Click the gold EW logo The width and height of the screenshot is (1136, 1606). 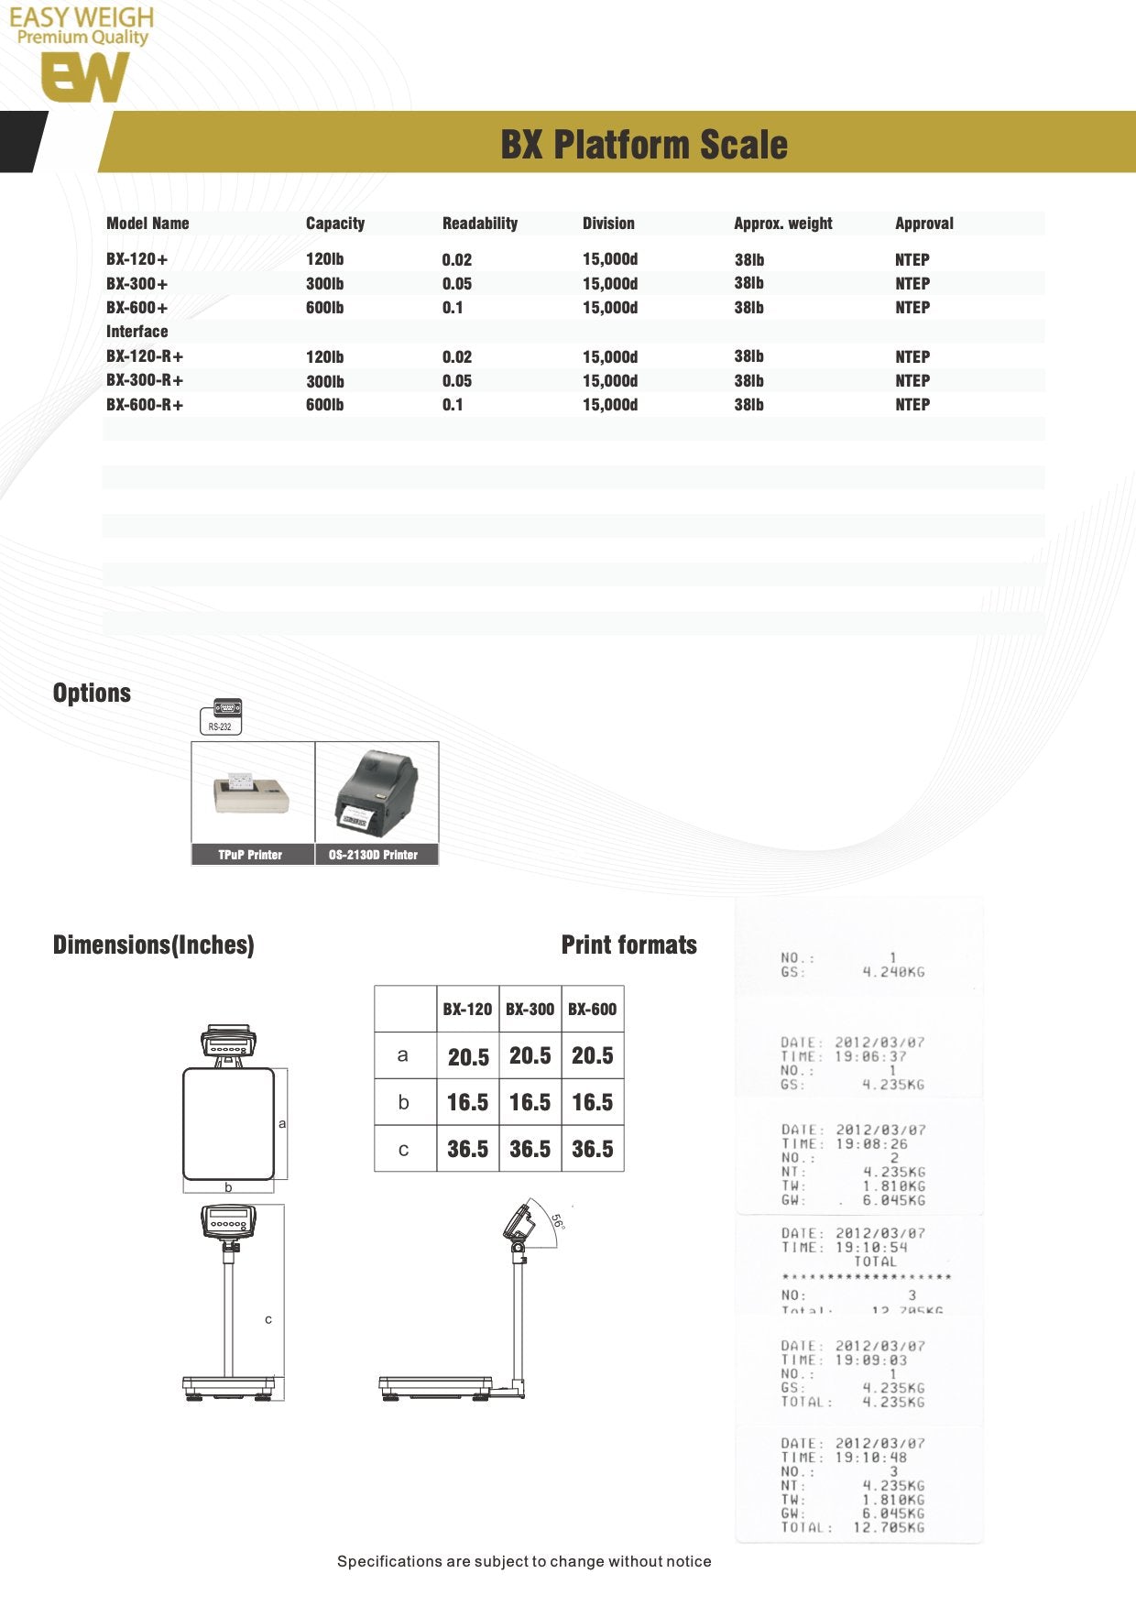pyautogui.click(x=84, y=77)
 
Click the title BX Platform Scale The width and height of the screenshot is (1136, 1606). pyautogui.click(x=643, y=145)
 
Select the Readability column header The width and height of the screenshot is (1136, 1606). pyautogui.click(x=479, y=224)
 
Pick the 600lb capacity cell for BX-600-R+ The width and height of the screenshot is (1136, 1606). pyautogui.click(x=324, y=405)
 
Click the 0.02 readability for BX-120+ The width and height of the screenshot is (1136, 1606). pyautogui.click(x=456, y=260)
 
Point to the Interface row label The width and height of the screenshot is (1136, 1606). pyautogui.click(x=137, y=332)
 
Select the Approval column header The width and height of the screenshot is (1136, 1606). pyautogui.click(x=923, y=224)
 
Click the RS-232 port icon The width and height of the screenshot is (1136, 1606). pyautogui.click(x=221, y=716)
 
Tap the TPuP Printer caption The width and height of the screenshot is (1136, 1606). pyautogui.click(x=250, y=855)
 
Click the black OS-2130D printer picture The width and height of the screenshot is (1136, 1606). pyautogui.click(x=376, y=792)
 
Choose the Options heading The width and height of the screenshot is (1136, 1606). pyautogui.click(x=92, y=694)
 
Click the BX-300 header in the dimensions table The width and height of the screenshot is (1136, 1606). pyautogui.click(x=530, y=1010)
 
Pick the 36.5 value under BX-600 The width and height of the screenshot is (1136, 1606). pyautogui.click(x=593, y=1149)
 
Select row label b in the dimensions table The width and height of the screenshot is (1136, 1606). pyautogui.click(x=403, y=1102)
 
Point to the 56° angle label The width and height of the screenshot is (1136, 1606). pyautogui.click(x=557, y=1221)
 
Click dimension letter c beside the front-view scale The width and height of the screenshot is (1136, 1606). pyautogui.click(x=268, y=1319)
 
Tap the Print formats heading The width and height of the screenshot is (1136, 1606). pyautogui.click(x=628, y=945)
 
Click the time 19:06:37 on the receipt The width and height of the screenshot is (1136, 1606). pyautogui.click(x=871, y=1056)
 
